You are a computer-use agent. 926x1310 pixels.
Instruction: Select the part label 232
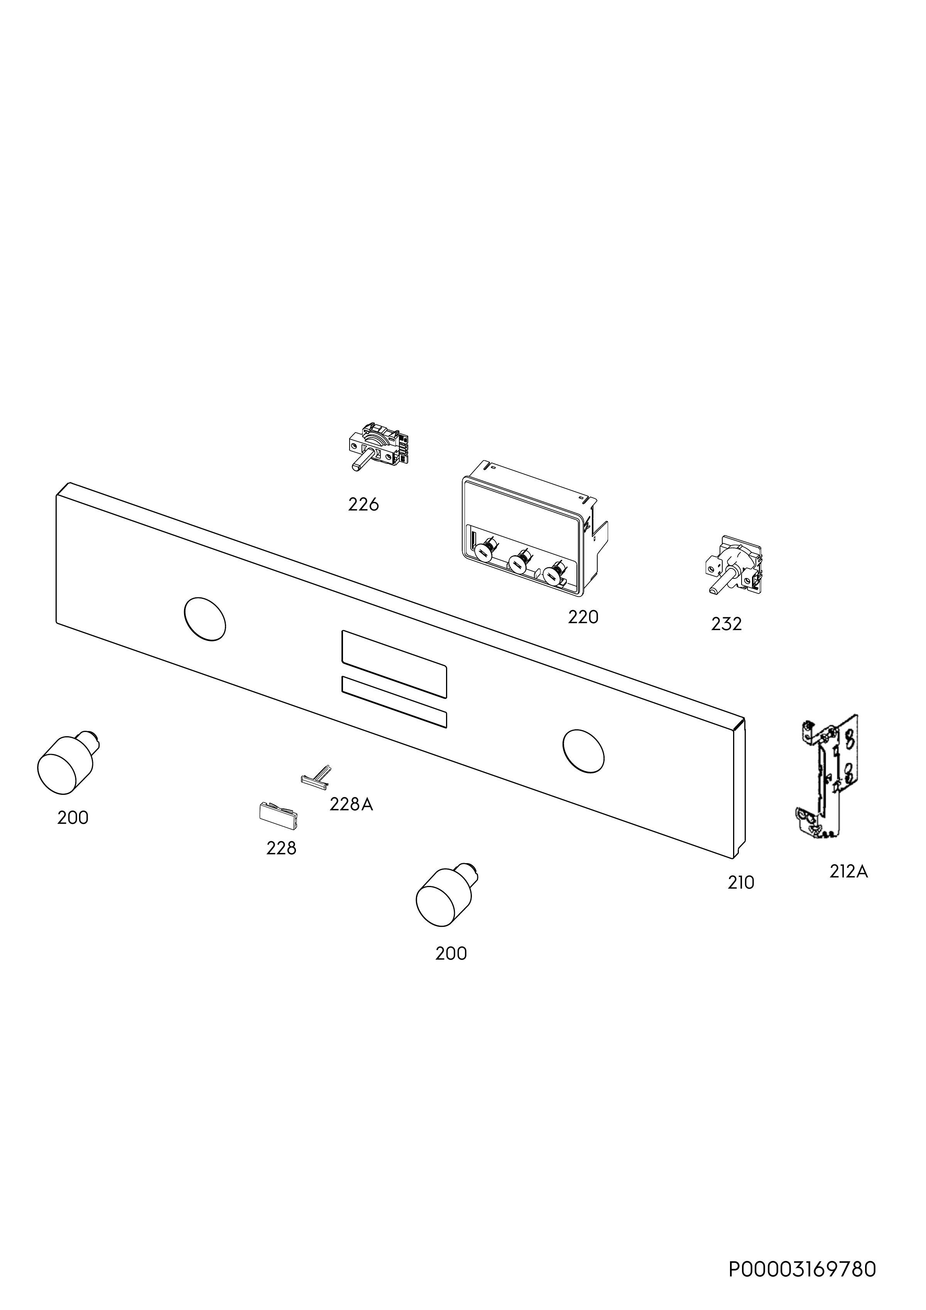pos(726,624)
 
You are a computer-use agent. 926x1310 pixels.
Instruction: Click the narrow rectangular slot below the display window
pos(394,702)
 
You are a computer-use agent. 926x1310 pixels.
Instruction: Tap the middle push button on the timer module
pos(520,562)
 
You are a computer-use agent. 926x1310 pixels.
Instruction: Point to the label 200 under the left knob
pos(73,818)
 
